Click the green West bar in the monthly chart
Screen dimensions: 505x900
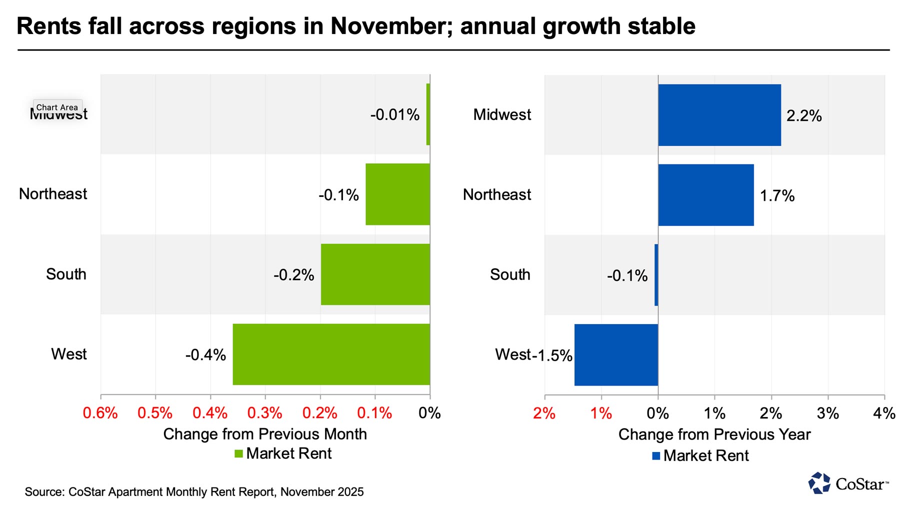[331, 354]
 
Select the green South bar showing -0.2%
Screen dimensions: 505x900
[375, 274]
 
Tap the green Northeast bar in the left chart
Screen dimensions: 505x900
[397, 194]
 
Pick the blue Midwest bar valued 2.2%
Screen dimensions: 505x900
[719, 115]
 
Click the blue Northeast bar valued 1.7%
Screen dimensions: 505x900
[705, 195]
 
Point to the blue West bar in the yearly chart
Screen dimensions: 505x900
[616, 355]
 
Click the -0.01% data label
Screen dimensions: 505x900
[394, 115]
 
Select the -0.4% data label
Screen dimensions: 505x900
[205, 355]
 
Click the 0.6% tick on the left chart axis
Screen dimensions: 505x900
[100, 413]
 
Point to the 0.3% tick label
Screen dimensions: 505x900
[265, 413]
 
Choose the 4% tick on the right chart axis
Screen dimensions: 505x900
[884, 413]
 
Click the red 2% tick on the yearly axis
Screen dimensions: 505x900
[544, 413]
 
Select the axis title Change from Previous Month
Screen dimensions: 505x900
[265, 434]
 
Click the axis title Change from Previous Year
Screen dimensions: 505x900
[714, 435]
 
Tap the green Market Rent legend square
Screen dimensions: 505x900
[238, 454]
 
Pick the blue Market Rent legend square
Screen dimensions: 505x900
[656, 456]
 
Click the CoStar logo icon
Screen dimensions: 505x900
[819, 483]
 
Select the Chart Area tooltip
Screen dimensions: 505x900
[57, 107]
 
